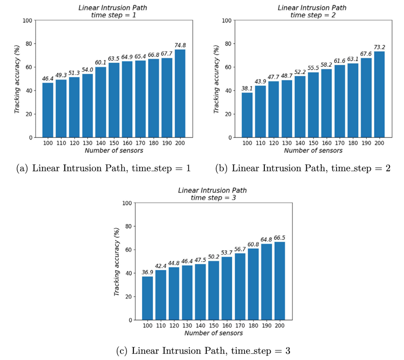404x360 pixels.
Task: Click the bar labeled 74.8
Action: point(180,93)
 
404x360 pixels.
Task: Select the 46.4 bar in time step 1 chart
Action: point(48,110)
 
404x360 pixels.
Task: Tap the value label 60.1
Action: point(101,62)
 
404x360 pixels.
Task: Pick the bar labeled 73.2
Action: point(379,94)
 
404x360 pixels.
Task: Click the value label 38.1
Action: point(247,88)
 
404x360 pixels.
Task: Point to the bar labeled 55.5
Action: point(313,105)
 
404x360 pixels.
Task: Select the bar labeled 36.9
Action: point(148,298)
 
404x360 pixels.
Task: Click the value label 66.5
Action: point(280,238)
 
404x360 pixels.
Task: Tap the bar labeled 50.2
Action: point(213,291)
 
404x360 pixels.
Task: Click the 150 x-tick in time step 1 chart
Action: point(114,143)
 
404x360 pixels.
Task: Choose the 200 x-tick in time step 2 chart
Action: point(379,143)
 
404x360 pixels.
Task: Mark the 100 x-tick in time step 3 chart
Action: point(148,326)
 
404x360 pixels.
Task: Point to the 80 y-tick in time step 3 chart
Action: point(129,226)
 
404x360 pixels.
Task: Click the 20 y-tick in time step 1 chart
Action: point(29,114)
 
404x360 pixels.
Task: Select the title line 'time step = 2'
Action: point(313,15)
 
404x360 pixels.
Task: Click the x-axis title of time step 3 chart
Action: point(213,333)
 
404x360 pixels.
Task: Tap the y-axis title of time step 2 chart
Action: point(217,79)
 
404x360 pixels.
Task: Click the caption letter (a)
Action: point(22,169)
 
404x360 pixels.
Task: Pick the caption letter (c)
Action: point(122,351)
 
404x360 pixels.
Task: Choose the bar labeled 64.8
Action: point(266,282)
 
